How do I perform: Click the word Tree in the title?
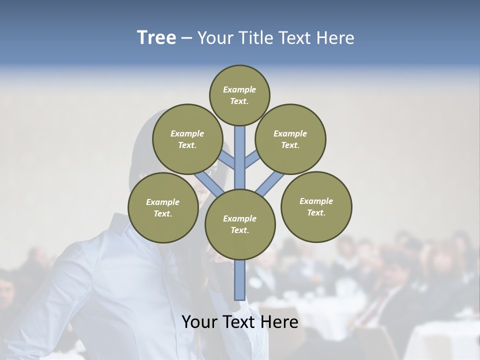[x=156, y=37]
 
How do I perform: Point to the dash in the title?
[x=186, y=38]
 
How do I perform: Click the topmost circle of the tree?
[x=239, y=95]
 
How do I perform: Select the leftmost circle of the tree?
[x=163, y=207]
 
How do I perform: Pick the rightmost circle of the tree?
[x=316, y=206]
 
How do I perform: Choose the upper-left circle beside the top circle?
[x=187, y=139]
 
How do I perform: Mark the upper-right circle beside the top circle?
[x=290, y=139]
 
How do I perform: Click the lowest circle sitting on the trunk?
[x=240, y=224]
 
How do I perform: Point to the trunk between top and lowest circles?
[x=240, y=157]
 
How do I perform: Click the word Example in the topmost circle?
[x=239, y=89]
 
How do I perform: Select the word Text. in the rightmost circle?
[x=316, y=212]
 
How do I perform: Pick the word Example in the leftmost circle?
[x=162, y=202]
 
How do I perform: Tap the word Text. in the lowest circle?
[x=239, y=230]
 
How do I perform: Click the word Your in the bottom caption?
[x=199, y=322]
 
